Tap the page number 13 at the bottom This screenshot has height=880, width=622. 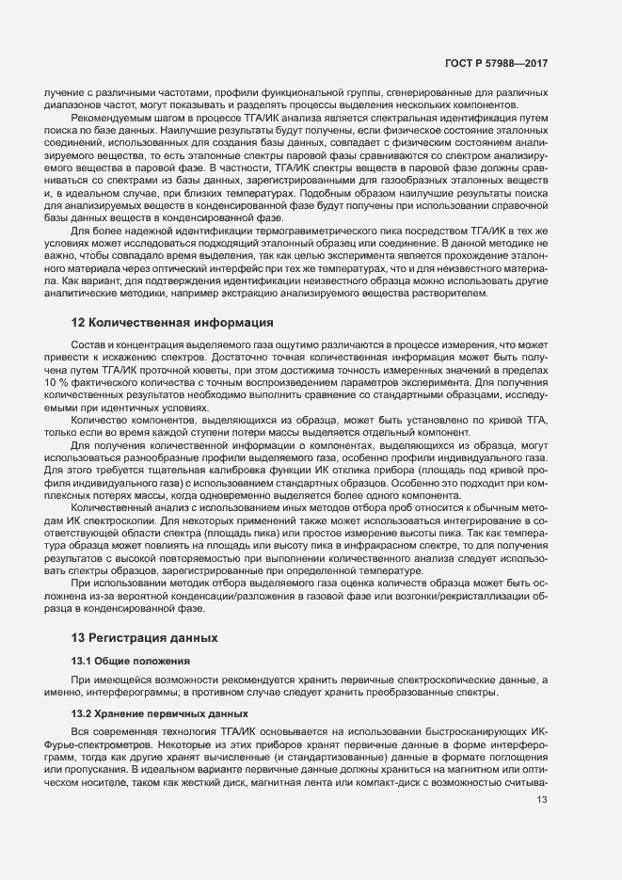click(x=541, y=800)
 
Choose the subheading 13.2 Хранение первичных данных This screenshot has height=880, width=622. click(x=147, y=713)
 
